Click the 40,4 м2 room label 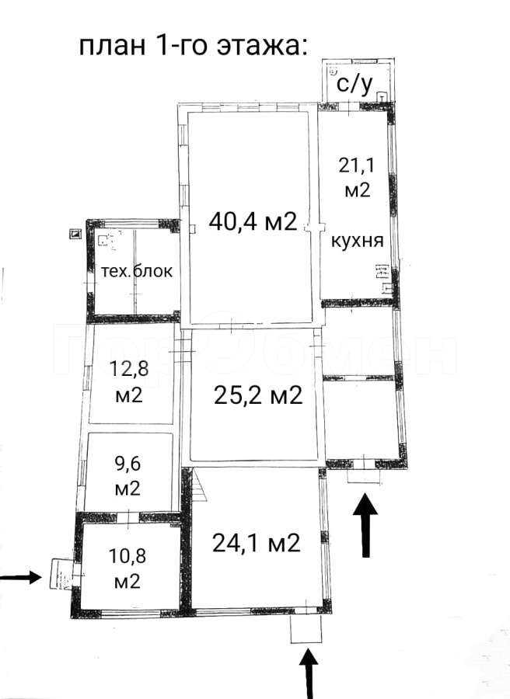253,221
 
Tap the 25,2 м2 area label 258,395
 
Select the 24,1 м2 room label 256,543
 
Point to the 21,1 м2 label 358,178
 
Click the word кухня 358,241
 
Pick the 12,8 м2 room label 128,381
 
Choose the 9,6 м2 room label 127,476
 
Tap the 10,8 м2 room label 127,569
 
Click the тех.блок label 137,271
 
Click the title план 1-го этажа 194,46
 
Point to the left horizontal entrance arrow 21,578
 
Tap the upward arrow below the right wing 365,525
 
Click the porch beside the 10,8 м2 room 61,574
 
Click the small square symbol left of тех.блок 75,234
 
